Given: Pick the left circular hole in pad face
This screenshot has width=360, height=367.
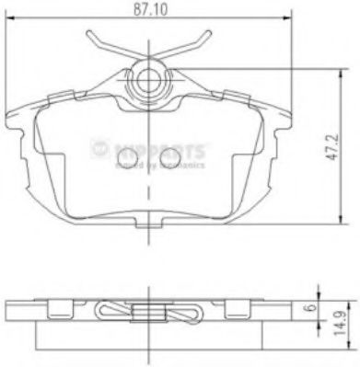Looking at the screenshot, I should pos(129,157).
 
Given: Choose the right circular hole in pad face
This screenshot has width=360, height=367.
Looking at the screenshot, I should pos(168,157).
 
